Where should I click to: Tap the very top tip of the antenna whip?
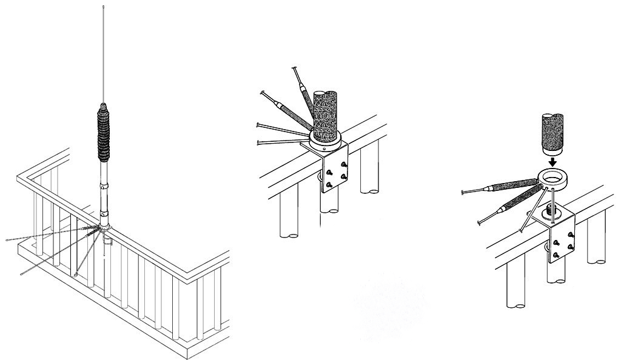pos(104,7)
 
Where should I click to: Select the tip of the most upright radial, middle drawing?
pos(294,68)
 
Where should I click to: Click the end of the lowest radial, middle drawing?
pos(259,142)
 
